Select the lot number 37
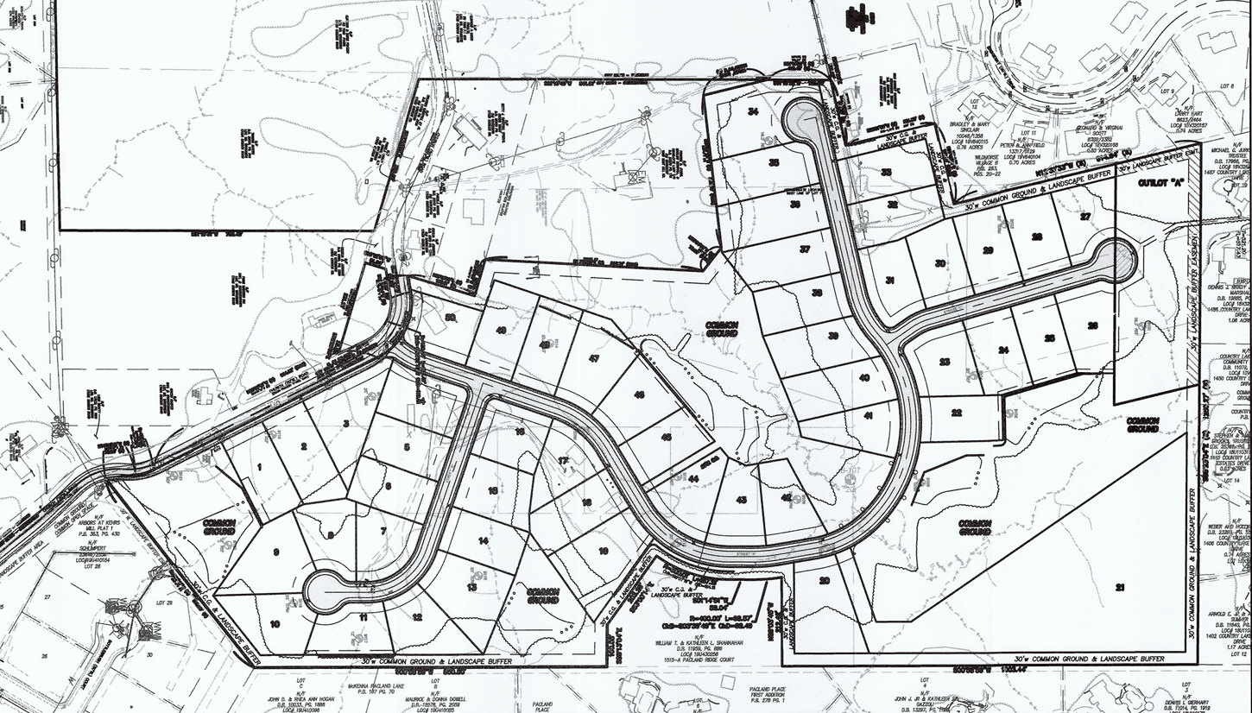click(805, 249)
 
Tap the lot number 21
click(1120, 588)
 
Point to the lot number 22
click(957, 413)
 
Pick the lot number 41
click(868, 417)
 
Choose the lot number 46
click(639, 394)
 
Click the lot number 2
click(304, 446)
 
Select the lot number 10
click(275, 623)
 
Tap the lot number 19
click(603, 550)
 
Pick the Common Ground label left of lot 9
click(219, 527)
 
